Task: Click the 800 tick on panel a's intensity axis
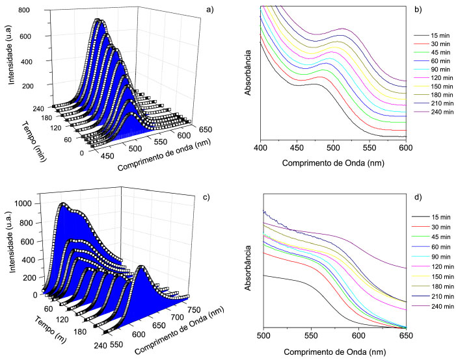pos(26,11)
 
